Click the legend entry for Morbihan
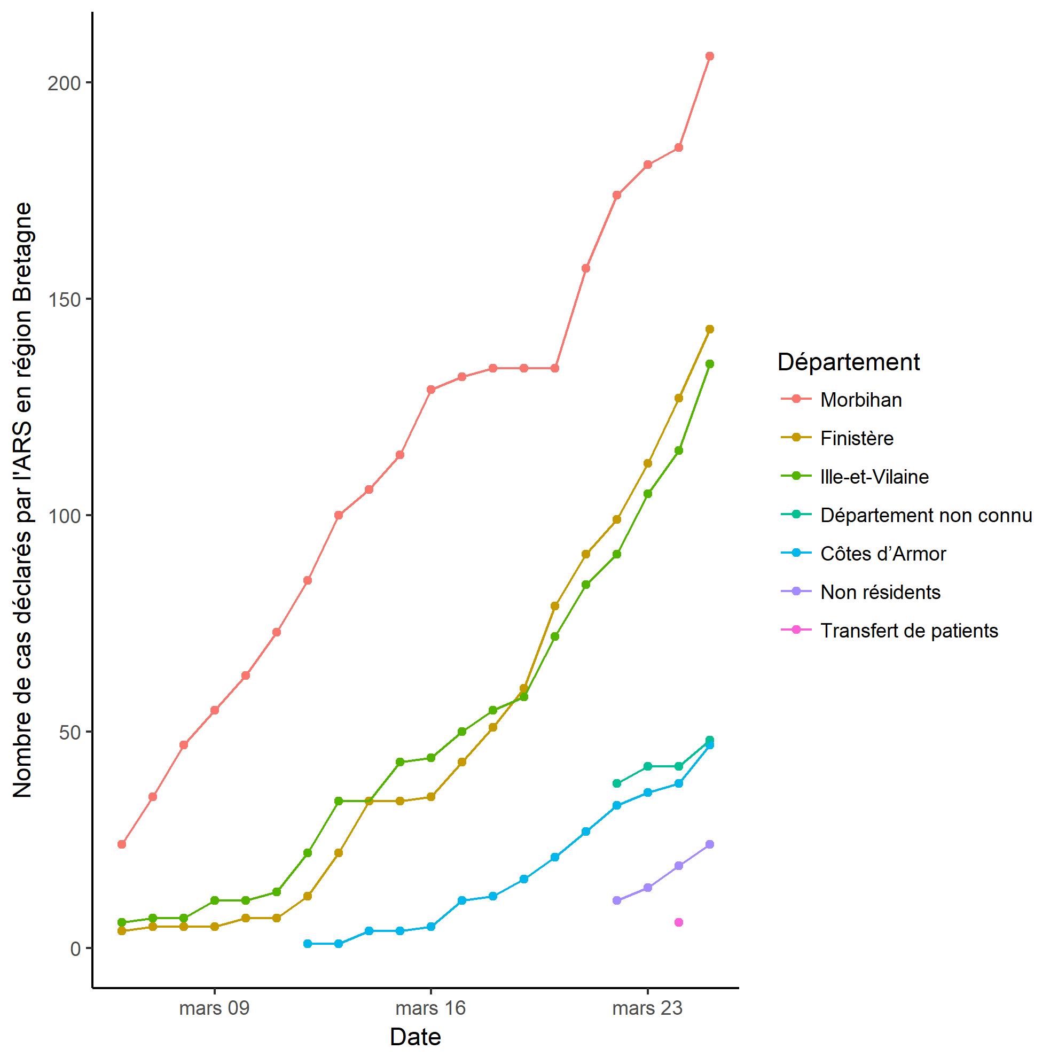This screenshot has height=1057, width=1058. point(860,400)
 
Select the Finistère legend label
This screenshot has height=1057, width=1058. point(857,438)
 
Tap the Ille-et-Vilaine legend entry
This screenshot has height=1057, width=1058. point(874,477)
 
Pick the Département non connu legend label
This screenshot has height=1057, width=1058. point(926,516)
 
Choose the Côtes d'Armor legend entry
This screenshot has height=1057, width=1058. point(883,554)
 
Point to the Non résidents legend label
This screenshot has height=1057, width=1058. point(880,592)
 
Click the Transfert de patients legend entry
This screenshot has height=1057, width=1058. point(909,631)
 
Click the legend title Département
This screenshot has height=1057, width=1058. point(848,362)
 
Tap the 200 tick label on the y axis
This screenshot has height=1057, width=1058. point(64,83)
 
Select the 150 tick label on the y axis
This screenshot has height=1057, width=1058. point(64,300)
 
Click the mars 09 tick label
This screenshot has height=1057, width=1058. point(214,1008)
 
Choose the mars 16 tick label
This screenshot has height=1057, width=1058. point(430,1008)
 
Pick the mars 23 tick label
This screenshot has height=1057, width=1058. point(647,1008)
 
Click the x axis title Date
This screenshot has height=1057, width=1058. point(415,1037)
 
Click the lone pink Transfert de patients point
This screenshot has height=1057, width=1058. point(678,922)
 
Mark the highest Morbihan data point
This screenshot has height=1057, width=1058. point(709,56)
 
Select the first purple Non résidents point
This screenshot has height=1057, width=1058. point(617,900)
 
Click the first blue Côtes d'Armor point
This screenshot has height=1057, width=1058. point(307,944)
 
